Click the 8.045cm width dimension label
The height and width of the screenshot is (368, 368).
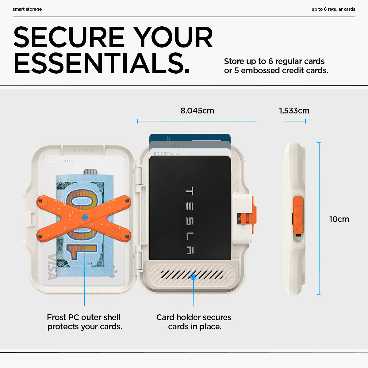pos(197,111)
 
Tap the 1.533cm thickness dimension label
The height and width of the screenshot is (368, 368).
pos(294,111)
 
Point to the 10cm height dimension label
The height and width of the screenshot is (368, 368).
pos(339,219)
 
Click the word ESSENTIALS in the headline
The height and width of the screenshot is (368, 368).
pos(102,63)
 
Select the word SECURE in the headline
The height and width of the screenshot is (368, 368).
pos(69,37)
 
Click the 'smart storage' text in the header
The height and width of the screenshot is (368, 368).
pos(27,9)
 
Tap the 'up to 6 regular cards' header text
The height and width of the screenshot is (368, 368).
pos(333,9)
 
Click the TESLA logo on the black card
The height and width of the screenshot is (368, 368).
pos(190,220)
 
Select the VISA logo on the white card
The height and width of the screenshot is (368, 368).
pos(52,267)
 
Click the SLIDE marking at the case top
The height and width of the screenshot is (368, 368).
pos(83,150)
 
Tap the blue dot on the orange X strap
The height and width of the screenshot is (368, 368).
pos(85,217)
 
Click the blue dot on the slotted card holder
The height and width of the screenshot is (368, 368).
pos(193,277)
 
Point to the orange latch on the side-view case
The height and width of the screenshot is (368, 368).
pos(298,215)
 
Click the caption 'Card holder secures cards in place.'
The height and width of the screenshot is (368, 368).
pos(194,322)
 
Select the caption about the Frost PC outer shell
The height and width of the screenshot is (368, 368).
pos(84,322)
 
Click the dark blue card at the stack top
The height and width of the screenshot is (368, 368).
pos(190,137)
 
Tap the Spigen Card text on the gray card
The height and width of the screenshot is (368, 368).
pos(166,146)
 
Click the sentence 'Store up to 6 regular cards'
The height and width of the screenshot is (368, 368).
pos(274,61)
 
